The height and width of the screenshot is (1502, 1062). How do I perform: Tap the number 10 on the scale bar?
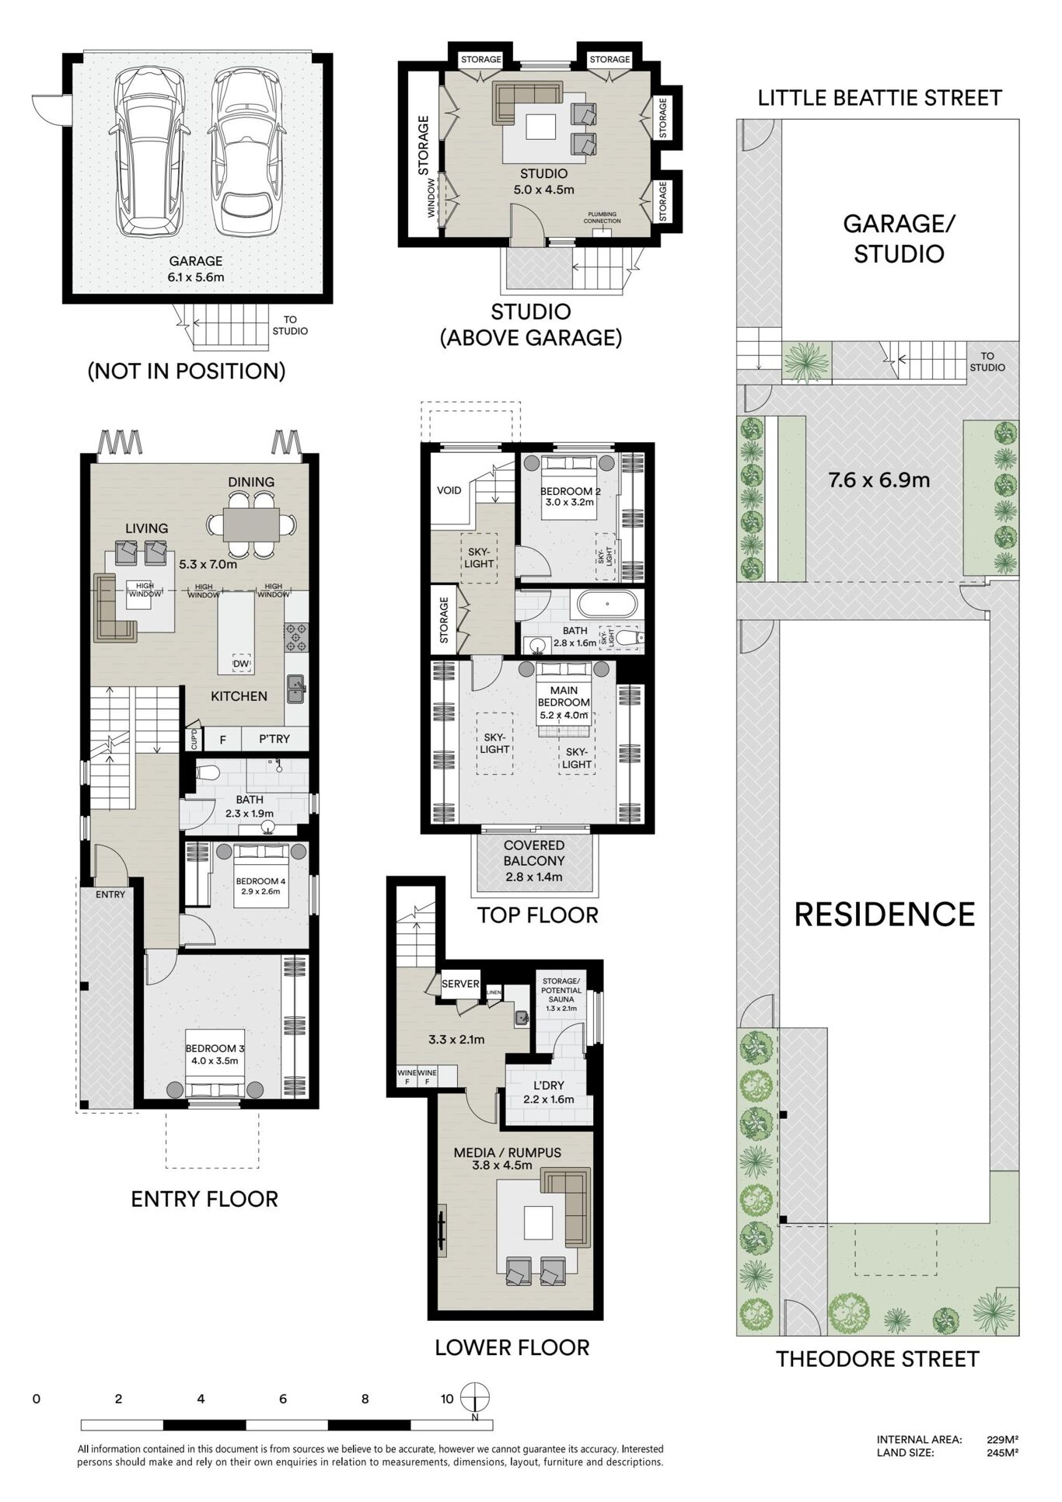[x=447, y=1399]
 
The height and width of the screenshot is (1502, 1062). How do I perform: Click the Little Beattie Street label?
[x=879, y=98]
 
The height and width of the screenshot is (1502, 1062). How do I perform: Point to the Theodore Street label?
[x=878, y=1359]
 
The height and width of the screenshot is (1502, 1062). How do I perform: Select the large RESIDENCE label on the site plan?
[x=885, y=915]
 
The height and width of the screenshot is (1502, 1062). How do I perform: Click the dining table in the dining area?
[x=251, y=524]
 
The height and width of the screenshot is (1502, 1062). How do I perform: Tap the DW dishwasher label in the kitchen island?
[x=241, y=664]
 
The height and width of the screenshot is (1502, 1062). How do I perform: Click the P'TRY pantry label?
[x=274, y=739]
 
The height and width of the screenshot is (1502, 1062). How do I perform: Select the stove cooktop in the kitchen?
[x=296, y=636]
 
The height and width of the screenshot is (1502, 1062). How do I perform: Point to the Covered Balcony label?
[x=534, y=853]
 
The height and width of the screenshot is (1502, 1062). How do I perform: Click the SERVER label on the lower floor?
[x=460, y=984]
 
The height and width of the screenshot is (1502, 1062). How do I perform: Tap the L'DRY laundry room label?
[x=549, y=1086]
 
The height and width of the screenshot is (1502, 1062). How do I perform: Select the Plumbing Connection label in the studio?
[x=602, y=218]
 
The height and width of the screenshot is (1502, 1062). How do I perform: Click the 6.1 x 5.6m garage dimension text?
[x=196, y=277]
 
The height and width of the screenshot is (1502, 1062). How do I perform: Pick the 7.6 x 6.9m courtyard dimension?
[x=879, y=480]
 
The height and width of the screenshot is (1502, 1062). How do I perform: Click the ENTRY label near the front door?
[x=110, y=894]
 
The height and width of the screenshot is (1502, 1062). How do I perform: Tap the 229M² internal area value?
[x=1002, y=1440]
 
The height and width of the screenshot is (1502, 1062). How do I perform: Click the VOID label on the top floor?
[x=449, y=490]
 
